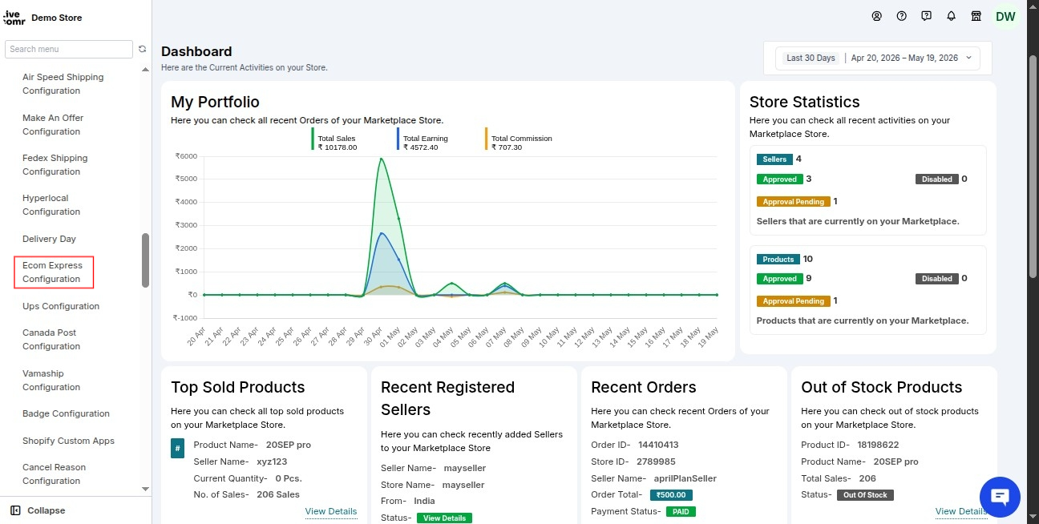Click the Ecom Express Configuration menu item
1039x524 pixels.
click(52, 272)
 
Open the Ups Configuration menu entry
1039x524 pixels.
click(61, 306)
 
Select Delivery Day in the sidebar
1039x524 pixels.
click(49, 239)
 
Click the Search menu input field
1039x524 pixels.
click(69, 49)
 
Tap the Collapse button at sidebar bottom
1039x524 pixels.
click(38, 510)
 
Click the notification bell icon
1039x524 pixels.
click(951, 16)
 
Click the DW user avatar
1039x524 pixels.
click(1005, 17)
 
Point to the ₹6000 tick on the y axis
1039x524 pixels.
click(186, 155)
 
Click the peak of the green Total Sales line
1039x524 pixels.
click(382, 159)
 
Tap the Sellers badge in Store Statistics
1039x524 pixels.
click(774, 159)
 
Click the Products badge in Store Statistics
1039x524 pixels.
click(778, 260)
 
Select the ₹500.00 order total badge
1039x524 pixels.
click(671, 495)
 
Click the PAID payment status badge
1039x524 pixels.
click(681, 511)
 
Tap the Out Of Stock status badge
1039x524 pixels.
click(865, 495)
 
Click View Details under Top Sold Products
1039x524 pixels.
click(331, 511)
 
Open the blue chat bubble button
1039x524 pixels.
click(1000, 497)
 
